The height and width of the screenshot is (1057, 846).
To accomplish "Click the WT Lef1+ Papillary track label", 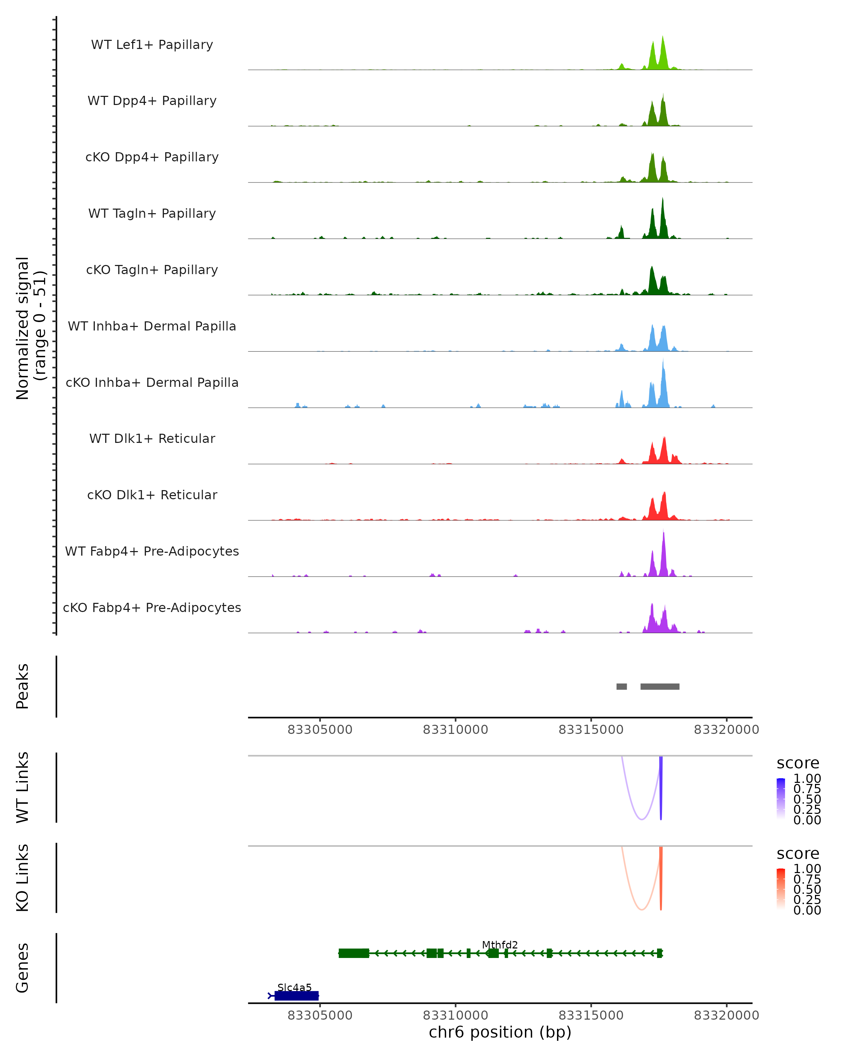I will pos(152,45).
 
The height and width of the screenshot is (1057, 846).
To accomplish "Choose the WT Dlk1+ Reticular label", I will pos(152,438).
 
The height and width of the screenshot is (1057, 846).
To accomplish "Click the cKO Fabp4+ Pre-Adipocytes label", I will pos(152,607).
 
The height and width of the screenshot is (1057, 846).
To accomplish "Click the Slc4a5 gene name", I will pos(294,987).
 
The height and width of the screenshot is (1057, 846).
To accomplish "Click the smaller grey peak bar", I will pos(621,686).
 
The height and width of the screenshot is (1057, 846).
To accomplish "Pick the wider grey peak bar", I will pos(660,686).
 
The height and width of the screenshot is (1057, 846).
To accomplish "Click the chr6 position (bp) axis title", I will pos(500,1032).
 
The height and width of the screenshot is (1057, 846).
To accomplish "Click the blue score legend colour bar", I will pos(781,799).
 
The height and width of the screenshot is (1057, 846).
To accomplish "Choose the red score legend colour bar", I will pos(781,889).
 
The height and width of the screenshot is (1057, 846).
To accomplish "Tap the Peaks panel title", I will pos(23,686).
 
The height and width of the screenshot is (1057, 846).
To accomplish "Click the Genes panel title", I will pos(23,968).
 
